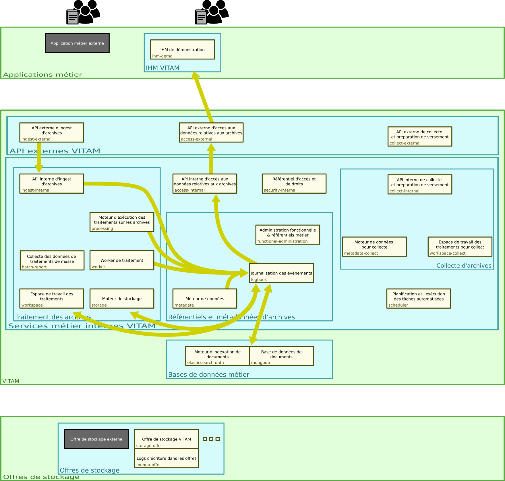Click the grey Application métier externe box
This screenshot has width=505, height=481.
click(77, 43)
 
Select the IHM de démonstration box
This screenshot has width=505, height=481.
click(182, 49)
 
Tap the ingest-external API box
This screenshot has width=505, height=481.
click(52, 132)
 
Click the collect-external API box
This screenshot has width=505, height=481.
click(420, 136)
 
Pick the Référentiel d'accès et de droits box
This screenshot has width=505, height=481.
click(294, 184)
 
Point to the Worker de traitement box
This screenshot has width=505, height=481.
click(122, 260)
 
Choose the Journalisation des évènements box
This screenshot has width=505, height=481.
click(281, 273)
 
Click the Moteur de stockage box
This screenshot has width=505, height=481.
click(122, 299)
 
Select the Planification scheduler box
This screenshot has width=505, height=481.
click(419, 299)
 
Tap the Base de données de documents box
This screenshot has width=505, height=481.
click(281, 356)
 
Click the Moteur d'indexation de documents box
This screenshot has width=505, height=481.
click(217, 356)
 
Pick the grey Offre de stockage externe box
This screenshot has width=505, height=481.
click(96, 439)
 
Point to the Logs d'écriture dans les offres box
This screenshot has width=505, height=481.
click(167, 458)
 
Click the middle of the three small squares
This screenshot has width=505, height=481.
click(211, 439)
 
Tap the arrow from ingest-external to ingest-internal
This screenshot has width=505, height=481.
click(39, 157)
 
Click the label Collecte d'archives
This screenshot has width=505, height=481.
click(464, 265)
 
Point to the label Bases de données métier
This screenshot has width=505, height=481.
click(208, 374)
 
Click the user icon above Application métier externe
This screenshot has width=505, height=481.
click(83, 12)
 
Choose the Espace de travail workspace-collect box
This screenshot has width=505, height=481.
click(460, 247)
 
